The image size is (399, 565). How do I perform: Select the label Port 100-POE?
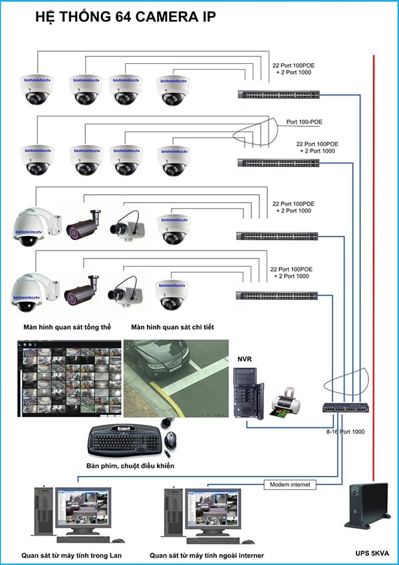(305, 122)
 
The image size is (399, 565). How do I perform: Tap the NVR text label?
(244, 359)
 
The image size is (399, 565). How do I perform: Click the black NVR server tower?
(248, 393)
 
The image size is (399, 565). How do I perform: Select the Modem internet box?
(289, 485)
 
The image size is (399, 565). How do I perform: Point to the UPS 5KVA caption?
(370, 553)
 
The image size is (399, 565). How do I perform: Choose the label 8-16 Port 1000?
(344, 432)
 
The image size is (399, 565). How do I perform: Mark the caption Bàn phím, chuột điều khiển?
(130, 466)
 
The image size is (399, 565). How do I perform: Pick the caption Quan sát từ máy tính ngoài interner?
(206, 555)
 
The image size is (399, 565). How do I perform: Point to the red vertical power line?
(374, 266)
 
